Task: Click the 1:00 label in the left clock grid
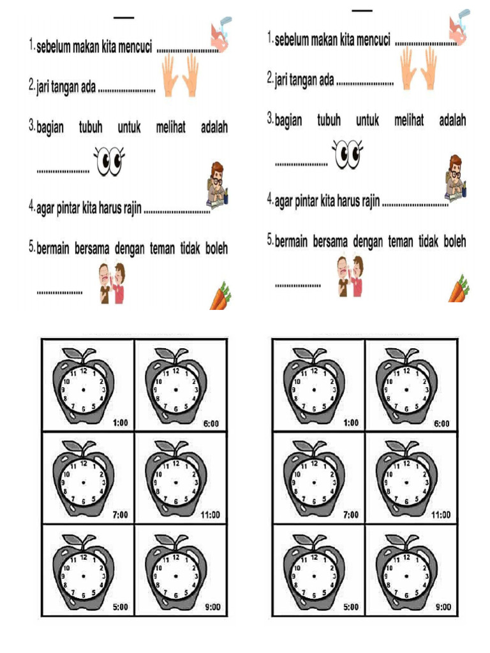point(121,423)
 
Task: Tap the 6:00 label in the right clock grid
point(442,423)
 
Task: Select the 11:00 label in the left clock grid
point(210,515)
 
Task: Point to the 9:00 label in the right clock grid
point(443,607)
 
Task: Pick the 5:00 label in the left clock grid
point(121,607)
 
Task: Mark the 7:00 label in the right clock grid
point(351,515)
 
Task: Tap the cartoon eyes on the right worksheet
point(348,154)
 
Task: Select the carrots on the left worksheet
point(220,296)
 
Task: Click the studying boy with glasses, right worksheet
point(455,178)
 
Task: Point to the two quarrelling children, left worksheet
point(112,283)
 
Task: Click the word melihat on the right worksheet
point(409,121)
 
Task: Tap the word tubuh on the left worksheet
point(91,127)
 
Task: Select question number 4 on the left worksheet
point(32,205)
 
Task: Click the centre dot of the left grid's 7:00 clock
point(84,483)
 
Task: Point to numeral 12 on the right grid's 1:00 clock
point(314,371)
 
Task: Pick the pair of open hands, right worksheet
point(419,68)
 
